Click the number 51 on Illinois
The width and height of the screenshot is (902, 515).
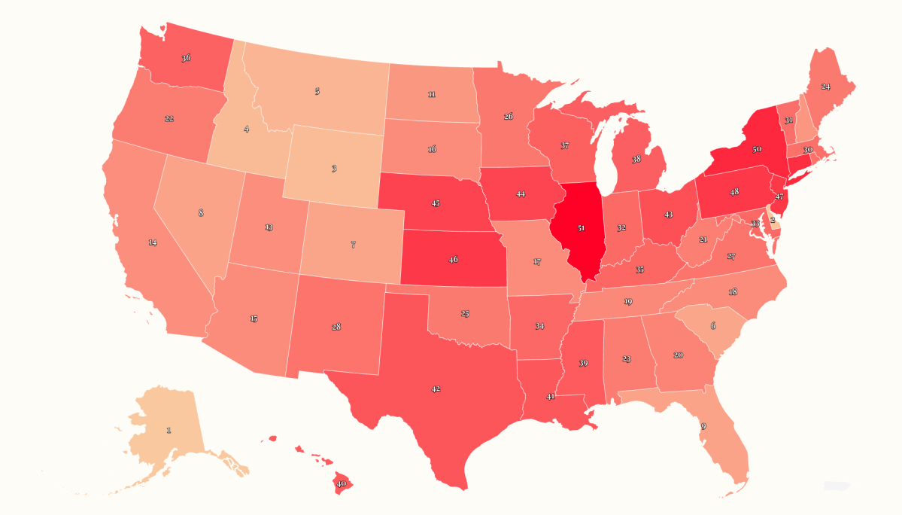581,227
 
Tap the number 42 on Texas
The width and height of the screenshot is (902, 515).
436,389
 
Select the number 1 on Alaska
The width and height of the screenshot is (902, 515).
169,430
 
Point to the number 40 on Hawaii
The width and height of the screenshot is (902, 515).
341,483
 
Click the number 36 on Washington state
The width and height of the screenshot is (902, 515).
186,58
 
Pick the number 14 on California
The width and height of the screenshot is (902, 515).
152,242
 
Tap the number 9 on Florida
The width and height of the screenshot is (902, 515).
703,426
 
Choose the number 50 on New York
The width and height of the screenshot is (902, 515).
756,150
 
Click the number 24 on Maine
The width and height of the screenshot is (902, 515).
825,87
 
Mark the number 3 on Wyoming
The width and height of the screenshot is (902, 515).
334,169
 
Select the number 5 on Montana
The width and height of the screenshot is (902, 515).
317,91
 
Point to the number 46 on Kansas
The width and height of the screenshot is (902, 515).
453,260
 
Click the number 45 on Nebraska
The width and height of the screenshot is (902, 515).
436,203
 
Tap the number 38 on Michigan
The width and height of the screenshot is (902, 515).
636,160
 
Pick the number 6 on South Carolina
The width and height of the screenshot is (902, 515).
713,325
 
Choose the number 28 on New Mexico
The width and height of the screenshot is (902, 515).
336,327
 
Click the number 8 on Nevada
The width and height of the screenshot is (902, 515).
201,213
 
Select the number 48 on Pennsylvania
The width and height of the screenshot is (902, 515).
733,192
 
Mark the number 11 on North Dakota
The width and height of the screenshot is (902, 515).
431,95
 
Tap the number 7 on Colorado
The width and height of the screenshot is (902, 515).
353,245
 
